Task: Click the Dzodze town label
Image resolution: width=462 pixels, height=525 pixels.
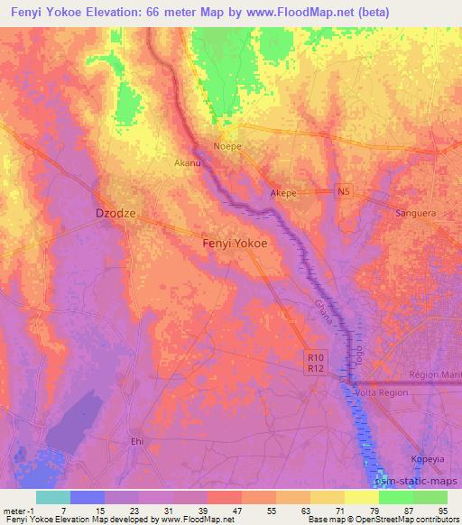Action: click(115, 214)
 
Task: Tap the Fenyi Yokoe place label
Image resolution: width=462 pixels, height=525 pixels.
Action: click(234, 244)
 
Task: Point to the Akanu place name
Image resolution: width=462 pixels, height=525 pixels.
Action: click(186, 163)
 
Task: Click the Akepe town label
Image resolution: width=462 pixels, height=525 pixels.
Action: click(283, 193)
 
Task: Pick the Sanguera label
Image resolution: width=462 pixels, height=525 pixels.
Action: click(417, 214)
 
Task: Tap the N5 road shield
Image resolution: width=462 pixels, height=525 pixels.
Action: click(343, 191)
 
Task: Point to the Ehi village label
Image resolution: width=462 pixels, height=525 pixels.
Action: click(137, 441)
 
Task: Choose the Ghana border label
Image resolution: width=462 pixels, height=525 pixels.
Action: click(324, 315)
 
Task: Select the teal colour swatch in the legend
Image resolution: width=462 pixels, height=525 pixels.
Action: click(53, 497)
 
